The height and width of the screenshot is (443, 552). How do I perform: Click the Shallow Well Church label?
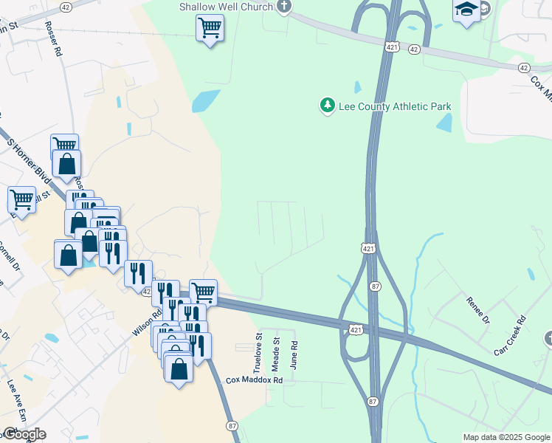[x=226, y=7]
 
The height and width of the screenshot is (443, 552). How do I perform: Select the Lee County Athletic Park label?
[x=394, y=106]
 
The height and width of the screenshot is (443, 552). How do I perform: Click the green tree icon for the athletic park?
[x=327, y=106]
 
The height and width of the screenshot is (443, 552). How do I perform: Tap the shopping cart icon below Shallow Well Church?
[x=210, y=30]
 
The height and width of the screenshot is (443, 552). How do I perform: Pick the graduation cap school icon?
[x=466, y=10]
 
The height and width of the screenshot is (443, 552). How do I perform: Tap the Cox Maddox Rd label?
[x=255, y=380]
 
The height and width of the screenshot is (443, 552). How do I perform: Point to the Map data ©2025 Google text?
[x=506, y=437]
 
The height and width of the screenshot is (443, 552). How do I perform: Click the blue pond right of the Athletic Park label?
[x=444, y=123]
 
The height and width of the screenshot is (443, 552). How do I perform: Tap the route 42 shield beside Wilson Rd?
[x=146, y=292]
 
